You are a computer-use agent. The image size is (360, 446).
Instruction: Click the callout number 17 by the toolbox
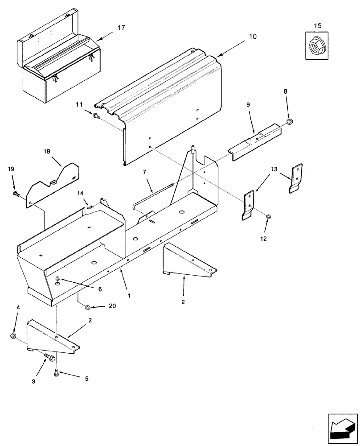[x=121, y=28]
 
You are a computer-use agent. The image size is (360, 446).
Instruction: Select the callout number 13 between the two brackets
[x=274, y=169]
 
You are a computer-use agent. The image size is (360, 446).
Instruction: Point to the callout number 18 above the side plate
[x=47, y=151]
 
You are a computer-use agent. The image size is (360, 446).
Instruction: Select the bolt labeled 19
[x=16, y=193]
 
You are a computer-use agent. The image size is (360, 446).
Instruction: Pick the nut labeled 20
[x=88, y=306]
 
